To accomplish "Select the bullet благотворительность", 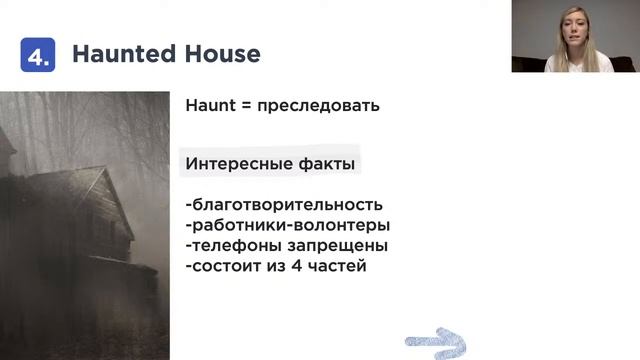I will point(284,205).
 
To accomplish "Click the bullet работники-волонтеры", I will point(288,225).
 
